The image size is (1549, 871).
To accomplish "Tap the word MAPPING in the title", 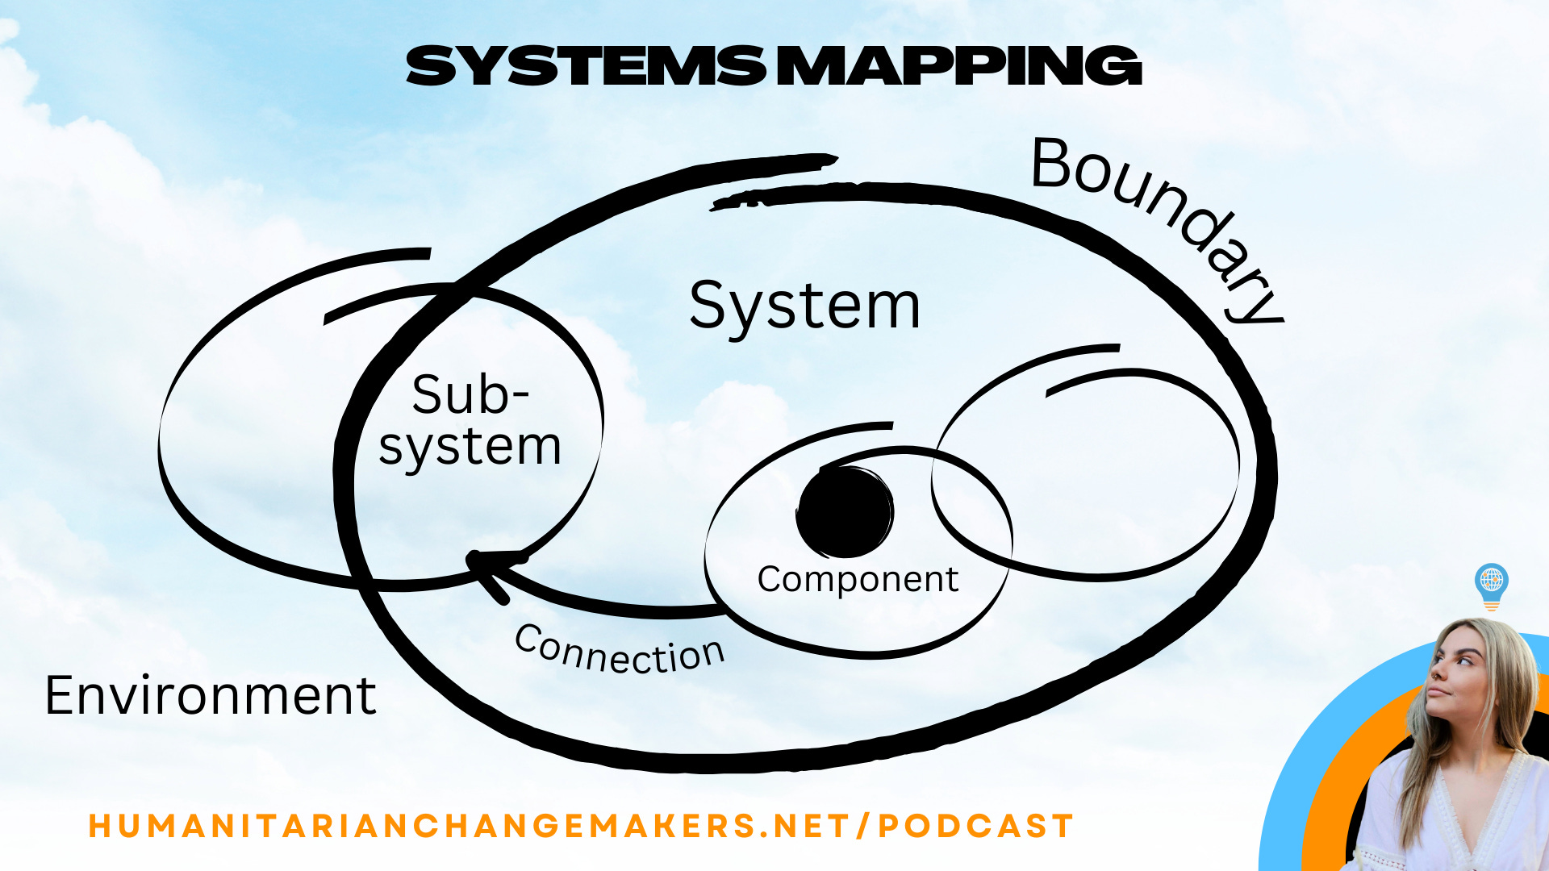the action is tap(960, 66).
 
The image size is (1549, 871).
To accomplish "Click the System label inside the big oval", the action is tap(804, 306).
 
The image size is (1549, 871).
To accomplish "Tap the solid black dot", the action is tap(845, 512).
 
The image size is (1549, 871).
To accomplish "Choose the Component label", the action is tap(858, 579).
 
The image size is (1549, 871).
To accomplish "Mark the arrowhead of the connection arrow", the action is tap(484, 565).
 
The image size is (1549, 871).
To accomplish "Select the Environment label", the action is tap(211, 695).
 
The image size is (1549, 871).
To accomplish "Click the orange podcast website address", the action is tap(581, 826).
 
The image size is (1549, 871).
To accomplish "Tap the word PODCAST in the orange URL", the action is tap(975, 826).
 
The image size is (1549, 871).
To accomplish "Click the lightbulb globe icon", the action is tap(1491, 584).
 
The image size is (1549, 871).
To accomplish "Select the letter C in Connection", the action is tap(528, 640).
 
